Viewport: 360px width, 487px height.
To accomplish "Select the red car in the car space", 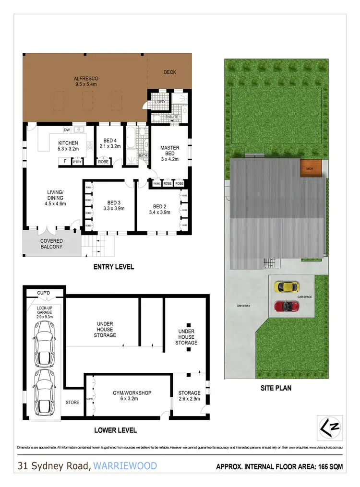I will pyautogui.click(x=286, y=306).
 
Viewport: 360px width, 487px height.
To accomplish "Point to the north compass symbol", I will pyautogui.click(x=331, y=426).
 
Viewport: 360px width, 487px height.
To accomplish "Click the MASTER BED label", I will pyautogui.click(x=169, y=151).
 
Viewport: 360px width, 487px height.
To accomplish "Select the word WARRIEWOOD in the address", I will pyautogui.click(x=125, y=465).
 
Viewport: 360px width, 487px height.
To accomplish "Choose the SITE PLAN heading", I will pyautogui.click(x=276, y=388).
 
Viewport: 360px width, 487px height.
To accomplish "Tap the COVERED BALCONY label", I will pyautogui.click(x=51, y=243).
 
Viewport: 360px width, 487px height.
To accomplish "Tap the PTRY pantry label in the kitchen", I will pyautogui.click(x=77, y=162).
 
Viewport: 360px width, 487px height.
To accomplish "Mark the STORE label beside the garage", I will pyautogui.click(x=72, y=402).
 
